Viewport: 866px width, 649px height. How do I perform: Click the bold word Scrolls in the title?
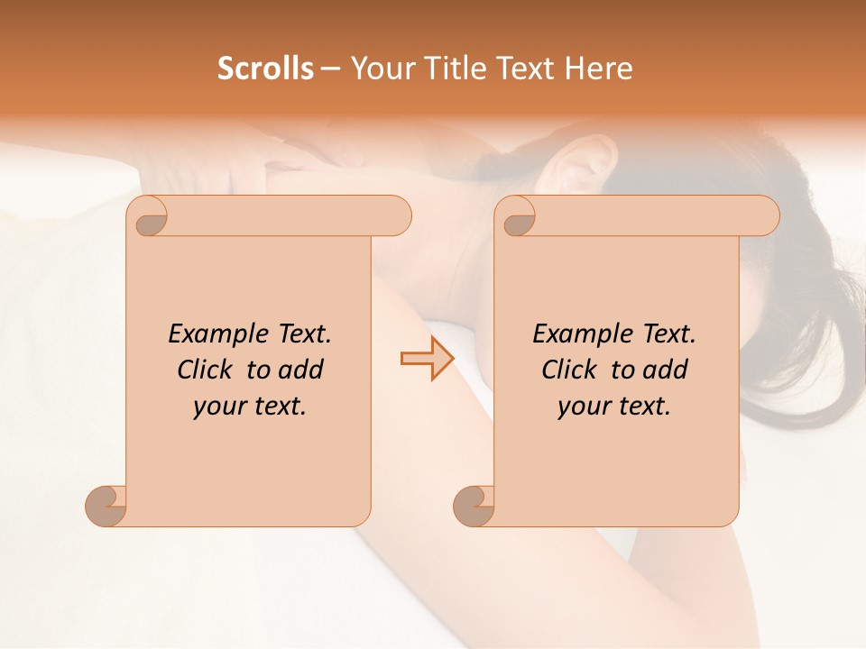(265, 68)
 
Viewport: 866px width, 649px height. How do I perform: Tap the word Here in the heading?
(599, 68)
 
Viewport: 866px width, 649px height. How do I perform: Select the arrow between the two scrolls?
(427, 359)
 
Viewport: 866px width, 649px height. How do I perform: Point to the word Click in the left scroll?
(207, 370)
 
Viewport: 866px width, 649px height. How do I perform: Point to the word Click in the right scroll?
(571, 370)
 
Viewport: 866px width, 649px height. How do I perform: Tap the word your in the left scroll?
(218, 407)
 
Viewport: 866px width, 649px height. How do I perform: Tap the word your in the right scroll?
(583, 407)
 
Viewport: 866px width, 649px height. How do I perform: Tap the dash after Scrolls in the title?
(330, 69)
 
